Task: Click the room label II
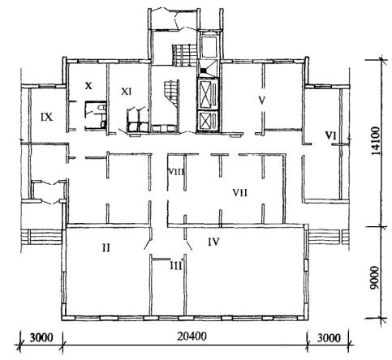106,247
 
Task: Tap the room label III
176,266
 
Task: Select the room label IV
213,242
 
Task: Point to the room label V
261,100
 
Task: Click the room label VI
330,135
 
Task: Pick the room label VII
240,193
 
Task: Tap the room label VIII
176,172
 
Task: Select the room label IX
46,117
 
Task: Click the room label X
88,86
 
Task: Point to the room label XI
127,92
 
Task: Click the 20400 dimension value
192,336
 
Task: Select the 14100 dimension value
376,141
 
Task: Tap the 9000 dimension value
375,277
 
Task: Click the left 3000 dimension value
41,337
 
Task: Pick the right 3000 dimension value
329,338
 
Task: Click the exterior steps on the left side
43,237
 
